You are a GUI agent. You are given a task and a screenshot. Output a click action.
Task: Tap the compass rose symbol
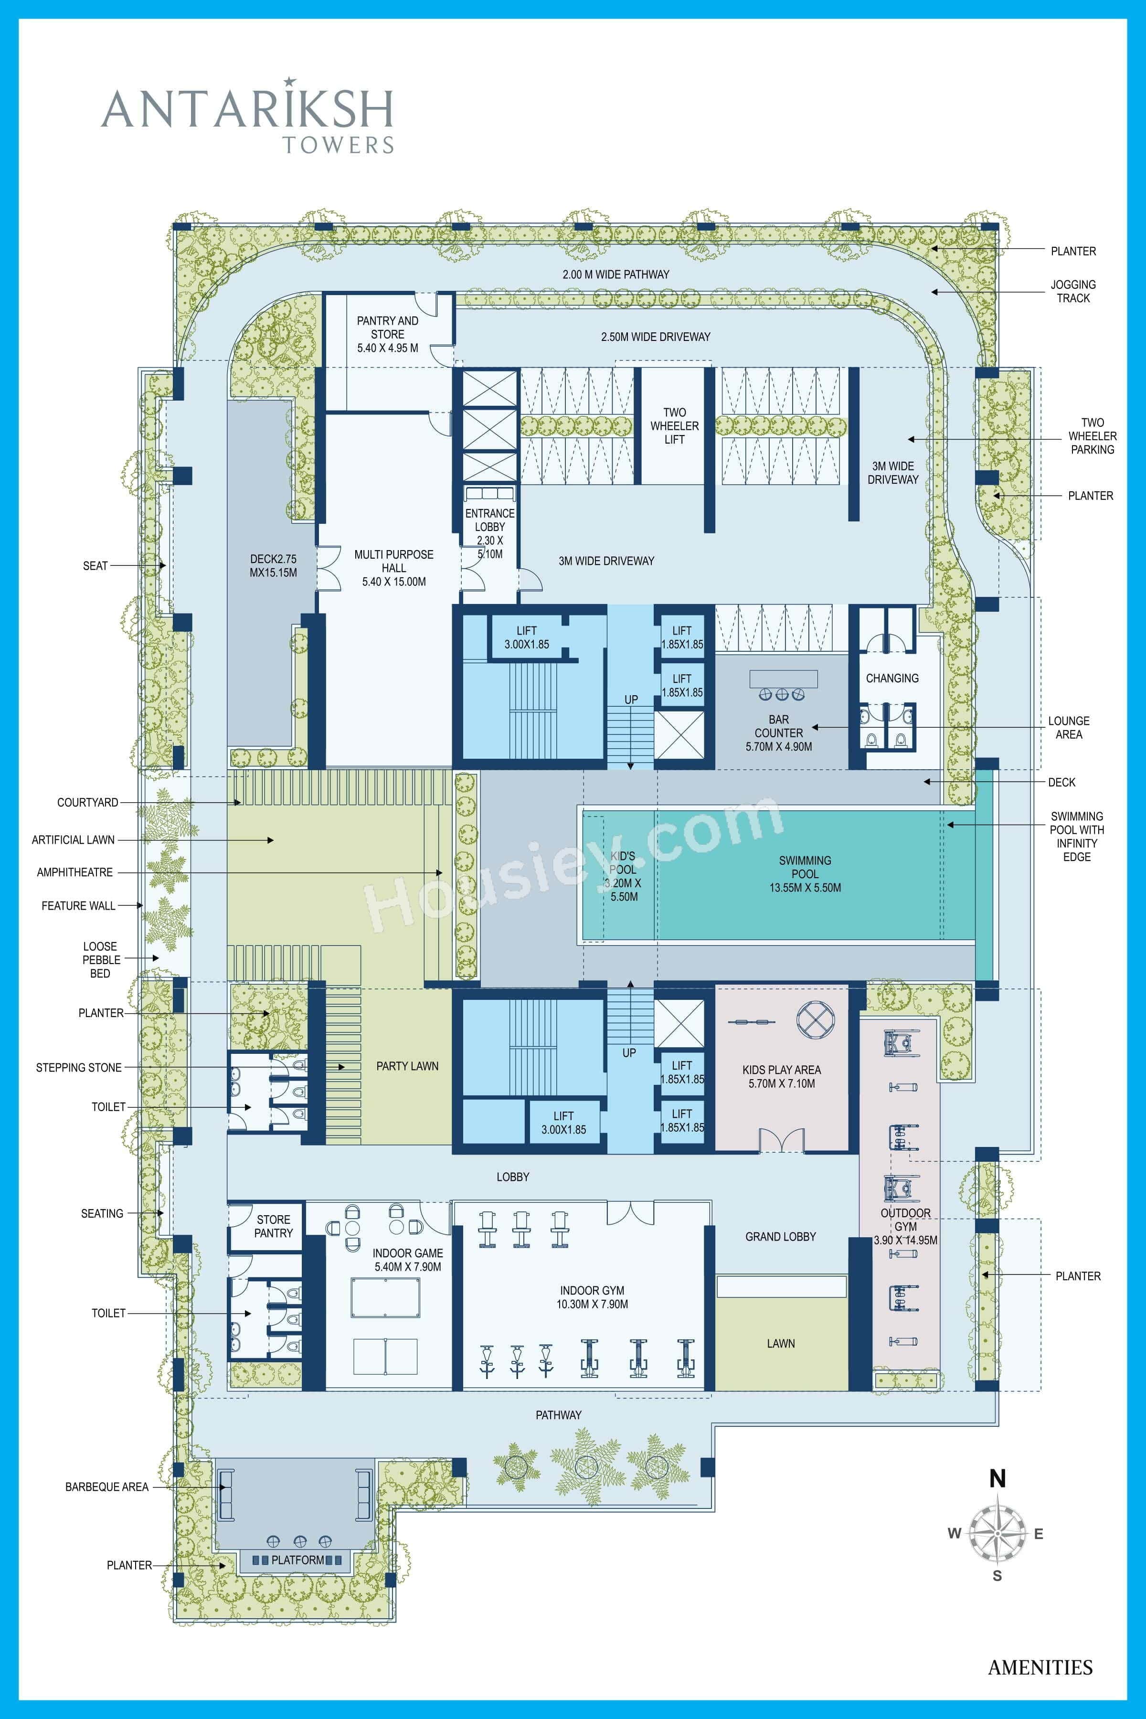pos(997,1533)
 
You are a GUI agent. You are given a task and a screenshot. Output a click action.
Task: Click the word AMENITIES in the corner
pos(1040,1667)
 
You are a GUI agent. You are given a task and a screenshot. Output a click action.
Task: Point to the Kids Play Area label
pos(781,1077)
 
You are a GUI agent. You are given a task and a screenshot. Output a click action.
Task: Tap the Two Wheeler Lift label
pos(674,425)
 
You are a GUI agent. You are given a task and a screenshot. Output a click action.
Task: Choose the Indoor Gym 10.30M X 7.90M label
pos(592,1297)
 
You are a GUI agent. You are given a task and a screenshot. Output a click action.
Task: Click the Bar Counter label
pos(778,732)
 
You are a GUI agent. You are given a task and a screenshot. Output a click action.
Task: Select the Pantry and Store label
pos(387,334)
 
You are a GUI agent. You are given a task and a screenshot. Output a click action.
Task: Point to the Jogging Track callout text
pos(1073,291)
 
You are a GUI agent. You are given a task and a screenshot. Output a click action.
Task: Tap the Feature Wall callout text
pos(78,905)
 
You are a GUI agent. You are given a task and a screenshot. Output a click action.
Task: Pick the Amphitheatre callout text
pos(74,872)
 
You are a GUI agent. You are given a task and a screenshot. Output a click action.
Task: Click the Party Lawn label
pos(407,1066)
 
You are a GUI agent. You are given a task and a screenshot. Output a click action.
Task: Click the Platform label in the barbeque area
pos(297,1560)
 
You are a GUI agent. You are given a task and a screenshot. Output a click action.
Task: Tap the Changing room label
pos(891,678)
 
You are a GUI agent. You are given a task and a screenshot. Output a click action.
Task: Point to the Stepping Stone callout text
pos(78,1068)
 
